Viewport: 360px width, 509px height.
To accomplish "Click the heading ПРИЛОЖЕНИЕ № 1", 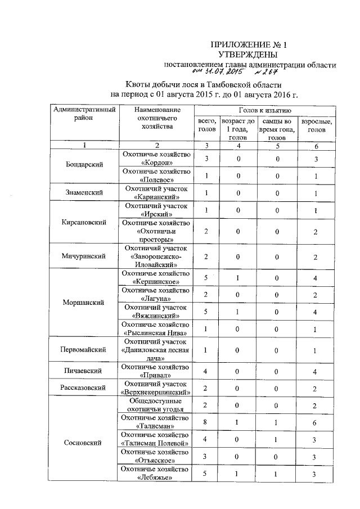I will [244, 44].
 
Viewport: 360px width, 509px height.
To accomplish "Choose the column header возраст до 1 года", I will [238, 129].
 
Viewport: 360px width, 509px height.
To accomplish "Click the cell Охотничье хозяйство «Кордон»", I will [157, 159].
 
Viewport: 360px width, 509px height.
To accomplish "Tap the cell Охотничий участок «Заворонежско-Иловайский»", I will [157, 256].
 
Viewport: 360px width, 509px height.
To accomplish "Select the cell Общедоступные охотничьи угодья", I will [157, 405].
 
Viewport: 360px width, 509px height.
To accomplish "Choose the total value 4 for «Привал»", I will [206, 371].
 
